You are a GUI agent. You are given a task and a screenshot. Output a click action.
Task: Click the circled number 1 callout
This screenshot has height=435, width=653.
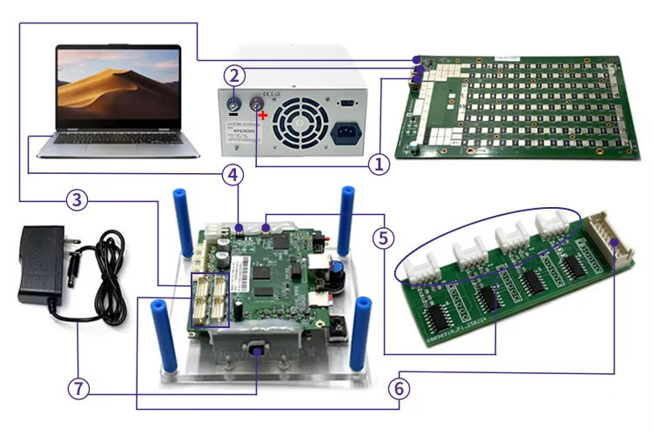pos(377,162)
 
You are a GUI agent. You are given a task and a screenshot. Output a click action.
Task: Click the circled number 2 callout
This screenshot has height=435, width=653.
pos(232,76)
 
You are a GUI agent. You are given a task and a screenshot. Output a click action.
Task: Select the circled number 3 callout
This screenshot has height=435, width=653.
pos(77,200)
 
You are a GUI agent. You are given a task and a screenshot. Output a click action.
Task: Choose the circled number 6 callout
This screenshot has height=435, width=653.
pos(399,388)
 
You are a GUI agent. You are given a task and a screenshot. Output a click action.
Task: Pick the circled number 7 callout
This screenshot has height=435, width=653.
pos(77,389)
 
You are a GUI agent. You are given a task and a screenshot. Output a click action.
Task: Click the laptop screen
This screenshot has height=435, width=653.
pos(118,85)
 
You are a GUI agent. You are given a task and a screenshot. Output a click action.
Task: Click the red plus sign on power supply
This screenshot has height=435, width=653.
pos(263,115)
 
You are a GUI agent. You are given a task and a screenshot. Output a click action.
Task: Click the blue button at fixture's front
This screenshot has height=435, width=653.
pos(259,351)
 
